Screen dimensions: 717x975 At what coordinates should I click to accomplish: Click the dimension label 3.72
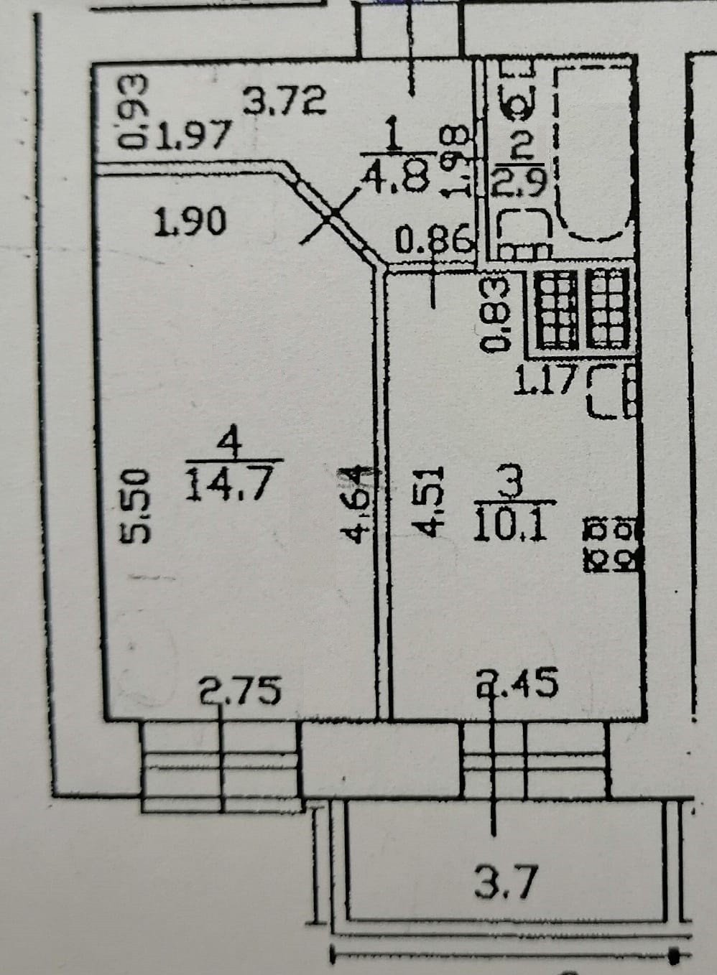click(285, 100)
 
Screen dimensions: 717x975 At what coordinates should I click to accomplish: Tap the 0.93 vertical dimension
click(133, 113)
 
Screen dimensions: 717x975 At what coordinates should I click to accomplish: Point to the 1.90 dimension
click(191, 222)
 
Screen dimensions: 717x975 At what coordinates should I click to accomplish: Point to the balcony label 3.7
click(505, 883)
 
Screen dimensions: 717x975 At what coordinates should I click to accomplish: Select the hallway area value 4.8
click(397, 174)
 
